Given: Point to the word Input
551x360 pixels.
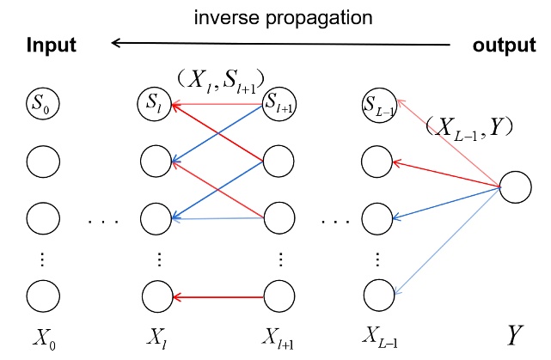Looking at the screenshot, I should (x=50, y=46).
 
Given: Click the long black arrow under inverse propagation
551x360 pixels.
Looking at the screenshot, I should (x=284, y=45).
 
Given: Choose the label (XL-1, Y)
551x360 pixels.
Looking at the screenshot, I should (x=469, y=128).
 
